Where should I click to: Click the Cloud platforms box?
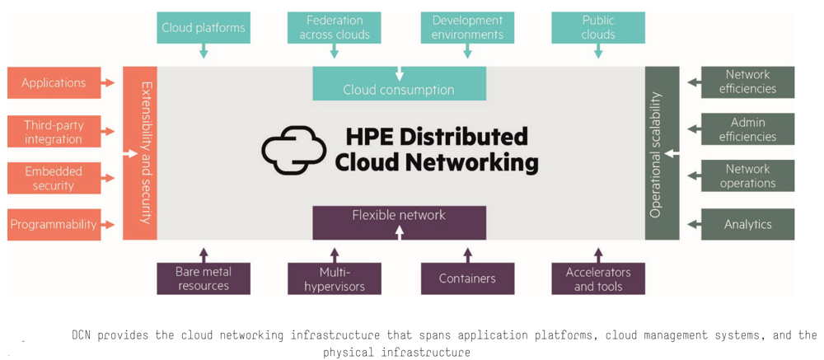click(204, 28)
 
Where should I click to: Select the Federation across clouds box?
click(335, 28)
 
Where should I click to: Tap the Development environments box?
click(467, 28)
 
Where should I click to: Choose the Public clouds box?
click(598, 28)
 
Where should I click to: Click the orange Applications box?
click(54, 82)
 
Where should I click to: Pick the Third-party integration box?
click(54, 132)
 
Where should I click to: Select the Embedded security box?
click(54, 178)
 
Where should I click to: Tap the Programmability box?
click(54, 224)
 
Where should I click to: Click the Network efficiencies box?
click(747, 82)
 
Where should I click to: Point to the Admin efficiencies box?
click(747, 129)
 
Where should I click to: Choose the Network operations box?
click(747, 175)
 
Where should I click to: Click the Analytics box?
click(747, 224)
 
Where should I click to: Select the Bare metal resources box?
click(204, 278)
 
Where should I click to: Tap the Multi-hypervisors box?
click(335, 278)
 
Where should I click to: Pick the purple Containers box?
click(467, 278)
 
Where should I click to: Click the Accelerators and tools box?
click(598, 278)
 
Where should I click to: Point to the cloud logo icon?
click(294, 150)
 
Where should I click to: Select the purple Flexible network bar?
click(399, 222)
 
